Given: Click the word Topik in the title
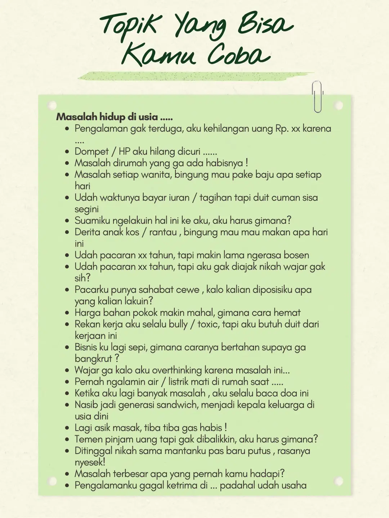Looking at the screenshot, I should click(129, 26).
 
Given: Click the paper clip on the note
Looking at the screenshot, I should click(317, 96).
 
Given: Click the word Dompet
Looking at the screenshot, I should click(91, 151).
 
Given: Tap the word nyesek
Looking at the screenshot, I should click(90, 462).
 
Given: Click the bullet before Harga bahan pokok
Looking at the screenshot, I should click(67, 313).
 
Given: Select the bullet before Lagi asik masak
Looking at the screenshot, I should click(67, 428).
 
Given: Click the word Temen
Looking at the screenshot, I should click(88, 439).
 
